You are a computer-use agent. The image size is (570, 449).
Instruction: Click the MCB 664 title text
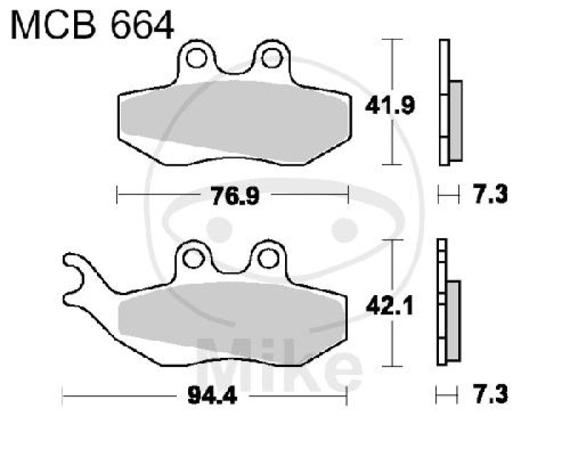point(93,25)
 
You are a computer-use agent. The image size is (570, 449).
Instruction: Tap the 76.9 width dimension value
point(235,196)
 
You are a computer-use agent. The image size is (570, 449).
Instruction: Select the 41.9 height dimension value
point(390,105)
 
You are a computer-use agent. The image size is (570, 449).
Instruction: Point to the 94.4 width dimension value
point(212,396)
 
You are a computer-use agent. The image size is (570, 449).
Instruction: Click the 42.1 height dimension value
point(390,306)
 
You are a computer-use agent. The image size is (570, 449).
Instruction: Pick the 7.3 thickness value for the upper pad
point(490,194)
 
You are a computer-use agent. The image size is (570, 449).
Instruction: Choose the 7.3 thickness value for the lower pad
point(490,394)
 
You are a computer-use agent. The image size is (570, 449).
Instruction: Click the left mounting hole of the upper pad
point(197,58)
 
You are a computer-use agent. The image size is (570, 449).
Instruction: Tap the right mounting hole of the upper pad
point(271,58)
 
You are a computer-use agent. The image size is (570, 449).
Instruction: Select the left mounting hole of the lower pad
point(192,259)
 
